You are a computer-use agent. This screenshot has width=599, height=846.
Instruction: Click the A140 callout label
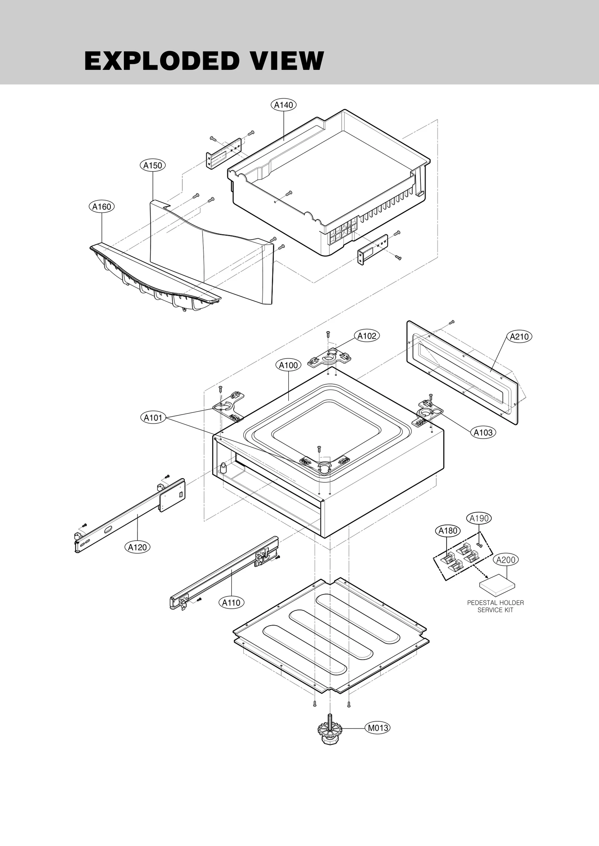(283, 105)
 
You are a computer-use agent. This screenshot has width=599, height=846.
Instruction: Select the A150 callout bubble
(153, 165)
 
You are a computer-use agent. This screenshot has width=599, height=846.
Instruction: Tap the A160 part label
(102, 207)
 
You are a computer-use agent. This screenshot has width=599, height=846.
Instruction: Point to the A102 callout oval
(367, 336)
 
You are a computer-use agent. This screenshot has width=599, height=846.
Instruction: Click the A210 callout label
(519, 337)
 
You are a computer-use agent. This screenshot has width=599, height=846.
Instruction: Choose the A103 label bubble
(483, 433)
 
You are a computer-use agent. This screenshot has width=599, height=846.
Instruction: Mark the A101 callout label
(153, 418)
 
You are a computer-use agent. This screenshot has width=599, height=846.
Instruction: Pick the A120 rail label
(137, 547)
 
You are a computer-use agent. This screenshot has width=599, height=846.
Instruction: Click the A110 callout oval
(231, 603)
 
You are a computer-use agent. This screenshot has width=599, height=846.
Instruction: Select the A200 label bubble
(506, 560)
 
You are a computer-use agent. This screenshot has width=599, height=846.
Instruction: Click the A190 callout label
(479, 519)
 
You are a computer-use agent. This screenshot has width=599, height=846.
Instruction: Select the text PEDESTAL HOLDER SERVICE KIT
(495, 606)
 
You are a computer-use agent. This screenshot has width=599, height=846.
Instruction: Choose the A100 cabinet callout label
(288, 366)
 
